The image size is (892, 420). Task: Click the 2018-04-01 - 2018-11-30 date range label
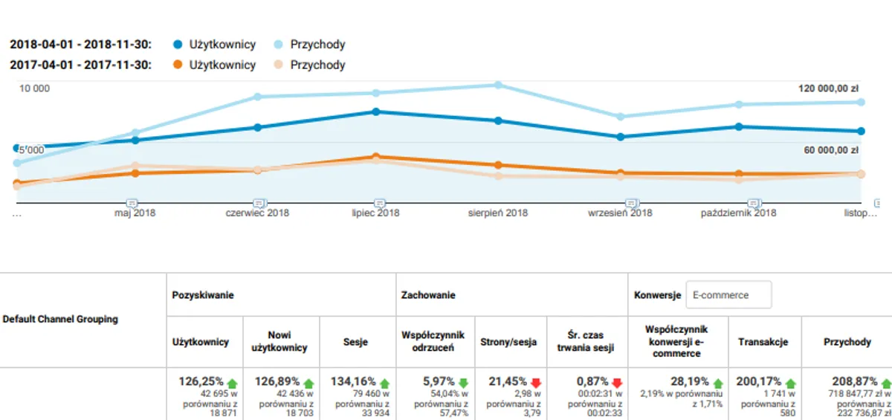click(81, 45)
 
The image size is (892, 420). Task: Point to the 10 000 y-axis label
click(34, 88)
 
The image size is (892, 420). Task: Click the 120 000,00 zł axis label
click(828, 88)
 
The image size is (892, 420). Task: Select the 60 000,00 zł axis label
click(831, 150)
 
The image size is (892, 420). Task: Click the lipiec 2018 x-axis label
click(375, 213)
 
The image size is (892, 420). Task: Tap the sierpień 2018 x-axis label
click(497, 213)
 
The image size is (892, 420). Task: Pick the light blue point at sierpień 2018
click(498, 85)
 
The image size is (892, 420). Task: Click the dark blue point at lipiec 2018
click(376, 112)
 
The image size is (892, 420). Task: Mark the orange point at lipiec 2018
click(376, 157)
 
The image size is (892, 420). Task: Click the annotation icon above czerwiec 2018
click(259, 203)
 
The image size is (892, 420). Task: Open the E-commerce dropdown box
click(728, 295)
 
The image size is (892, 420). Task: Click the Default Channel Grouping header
click(60, 320)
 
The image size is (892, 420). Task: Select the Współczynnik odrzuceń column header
click(433, 342)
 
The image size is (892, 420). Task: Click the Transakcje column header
click(763, 342)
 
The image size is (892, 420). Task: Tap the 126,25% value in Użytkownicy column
click(201, 381)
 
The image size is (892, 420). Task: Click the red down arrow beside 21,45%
click(535, 382)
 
